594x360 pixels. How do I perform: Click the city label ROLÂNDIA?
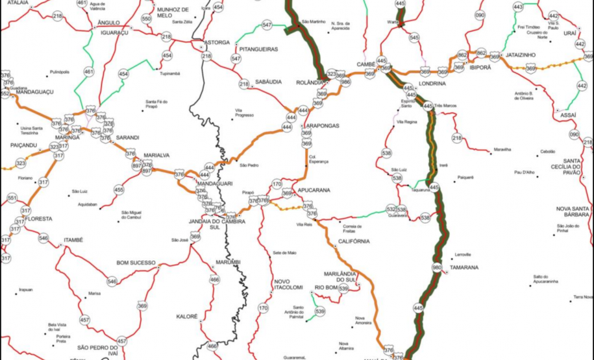309,82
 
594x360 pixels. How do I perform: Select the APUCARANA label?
314,190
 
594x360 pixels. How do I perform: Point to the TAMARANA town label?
465,267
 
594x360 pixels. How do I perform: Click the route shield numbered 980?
436,267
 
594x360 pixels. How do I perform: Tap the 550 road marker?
146,19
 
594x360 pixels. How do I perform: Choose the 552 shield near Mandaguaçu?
5,94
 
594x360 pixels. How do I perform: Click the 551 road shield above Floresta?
12,198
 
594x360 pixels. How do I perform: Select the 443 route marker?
518,7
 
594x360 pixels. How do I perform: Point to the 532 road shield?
391,210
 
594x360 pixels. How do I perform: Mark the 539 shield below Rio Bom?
320,312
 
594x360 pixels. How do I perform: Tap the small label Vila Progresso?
244,114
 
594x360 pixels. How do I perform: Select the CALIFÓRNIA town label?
353,241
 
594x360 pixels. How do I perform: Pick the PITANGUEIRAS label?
258,49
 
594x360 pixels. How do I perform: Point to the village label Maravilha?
502,149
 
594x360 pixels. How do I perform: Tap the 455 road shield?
119,190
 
